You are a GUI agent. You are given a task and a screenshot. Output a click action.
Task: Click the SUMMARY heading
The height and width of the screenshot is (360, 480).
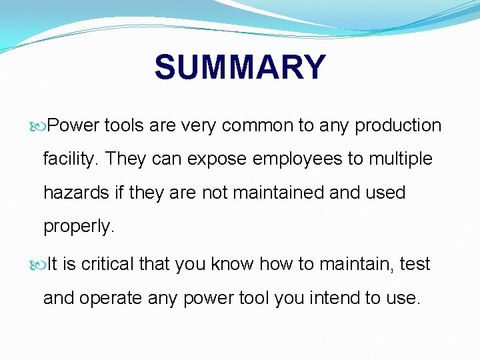[x=240, y=67]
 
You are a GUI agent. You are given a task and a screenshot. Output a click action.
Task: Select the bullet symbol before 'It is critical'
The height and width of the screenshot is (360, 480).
[x=41, y=265]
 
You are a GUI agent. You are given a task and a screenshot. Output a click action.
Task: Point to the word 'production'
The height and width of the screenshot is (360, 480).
[x=398, y=125]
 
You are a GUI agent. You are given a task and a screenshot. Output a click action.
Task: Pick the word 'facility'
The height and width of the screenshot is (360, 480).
[x=71, y=159]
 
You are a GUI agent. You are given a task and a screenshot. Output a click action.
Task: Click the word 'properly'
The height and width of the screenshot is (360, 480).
[x=79, y=227]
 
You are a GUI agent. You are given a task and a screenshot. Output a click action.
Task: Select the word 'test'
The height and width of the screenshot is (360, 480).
[x=415, y=265]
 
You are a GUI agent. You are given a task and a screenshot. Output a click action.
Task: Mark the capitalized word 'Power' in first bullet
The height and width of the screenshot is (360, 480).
[x=73, y=125]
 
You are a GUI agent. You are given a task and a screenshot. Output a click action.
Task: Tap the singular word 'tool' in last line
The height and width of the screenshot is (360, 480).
[x=253, y=298]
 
